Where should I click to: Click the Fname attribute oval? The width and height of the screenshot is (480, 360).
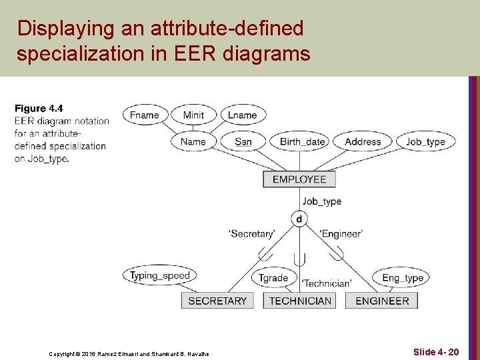pyautogui.click(x=145, y=115)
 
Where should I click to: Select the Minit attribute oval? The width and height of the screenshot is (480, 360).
pyautogui.click(x=193, y=115)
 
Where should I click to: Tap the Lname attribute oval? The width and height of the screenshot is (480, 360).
pyautogui.click(x=243, y=115)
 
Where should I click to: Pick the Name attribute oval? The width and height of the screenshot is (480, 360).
pyautogui.click(x=193, y=141)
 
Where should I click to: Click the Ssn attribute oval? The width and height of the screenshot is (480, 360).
pyautogui.click(x=243, y=141)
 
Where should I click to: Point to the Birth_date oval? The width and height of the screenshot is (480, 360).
pyautogui.click(x=303, y=141)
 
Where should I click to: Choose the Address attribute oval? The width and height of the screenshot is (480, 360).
pyautogui.click(x=363, y=141)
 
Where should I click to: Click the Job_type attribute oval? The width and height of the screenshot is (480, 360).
pyautogui.click(x=425, y=141)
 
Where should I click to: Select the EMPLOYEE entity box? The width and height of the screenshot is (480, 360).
pyautogui.click(x=299, y=179)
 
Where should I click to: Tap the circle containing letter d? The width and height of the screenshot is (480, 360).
pyautogui.click(x=299, y=219)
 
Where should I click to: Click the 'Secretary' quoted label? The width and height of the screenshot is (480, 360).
pyautogui.click(x=251, y=234)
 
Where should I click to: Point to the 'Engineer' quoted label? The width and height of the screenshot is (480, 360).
pyautogui.click(x=341, y=234)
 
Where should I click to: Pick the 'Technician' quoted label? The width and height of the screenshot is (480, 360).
pyautogui.click(x=327, y=283)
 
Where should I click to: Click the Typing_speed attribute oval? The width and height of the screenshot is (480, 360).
pyautogui.click(x=160, y=275)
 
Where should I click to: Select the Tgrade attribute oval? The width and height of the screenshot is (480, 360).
pyautogui.click(x=273, y=278)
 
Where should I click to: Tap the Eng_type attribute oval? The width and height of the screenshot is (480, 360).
pyautogui.click(x=403, y=278)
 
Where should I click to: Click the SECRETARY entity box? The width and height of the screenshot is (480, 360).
pyautogui.click(x=217, y=301)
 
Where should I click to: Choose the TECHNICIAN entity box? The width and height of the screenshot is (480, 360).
pyautogui.click(x=300, y=301)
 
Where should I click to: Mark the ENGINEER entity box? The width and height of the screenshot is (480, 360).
pyautogui.click(x=382, y=301)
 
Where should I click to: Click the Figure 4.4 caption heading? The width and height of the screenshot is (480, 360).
pyautogui.click(x=39, y=109)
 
